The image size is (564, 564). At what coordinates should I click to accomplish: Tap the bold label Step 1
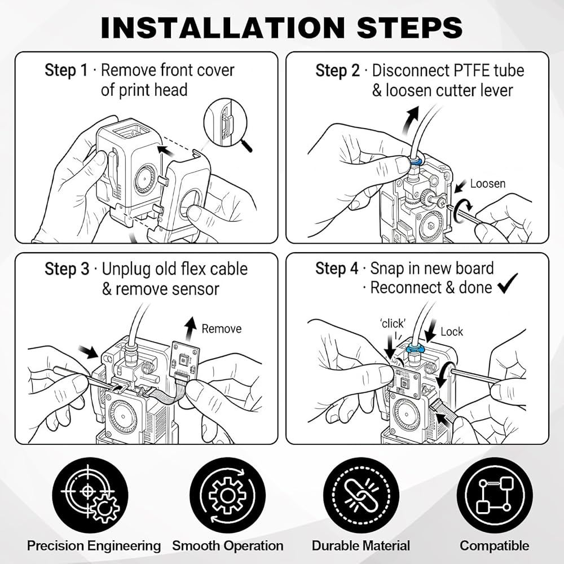[66, 70]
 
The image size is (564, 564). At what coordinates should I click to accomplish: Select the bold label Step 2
[337, 70]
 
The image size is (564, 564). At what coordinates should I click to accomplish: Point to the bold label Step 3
[67, 269]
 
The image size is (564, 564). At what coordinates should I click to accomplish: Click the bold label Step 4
[337, 268]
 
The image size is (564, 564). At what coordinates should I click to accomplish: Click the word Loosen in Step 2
[488, 183]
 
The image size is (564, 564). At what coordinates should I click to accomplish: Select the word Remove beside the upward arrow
[221, 328]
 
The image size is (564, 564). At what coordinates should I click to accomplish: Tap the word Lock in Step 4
[452, 331]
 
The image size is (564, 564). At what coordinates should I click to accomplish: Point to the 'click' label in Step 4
[393, 323]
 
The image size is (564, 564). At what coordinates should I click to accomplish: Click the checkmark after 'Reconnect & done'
[508, 284]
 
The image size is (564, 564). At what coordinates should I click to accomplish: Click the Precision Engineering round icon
[90, 495]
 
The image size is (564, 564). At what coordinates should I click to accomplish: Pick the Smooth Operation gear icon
[227, 495]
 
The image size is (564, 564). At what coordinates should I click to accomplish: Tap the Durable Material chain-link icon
[361, 495]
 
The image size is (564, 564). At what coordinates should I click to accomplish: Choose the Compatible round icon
[495, 495]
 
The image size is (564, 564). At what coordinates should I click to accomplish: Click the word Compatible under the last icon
[495, 545]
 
